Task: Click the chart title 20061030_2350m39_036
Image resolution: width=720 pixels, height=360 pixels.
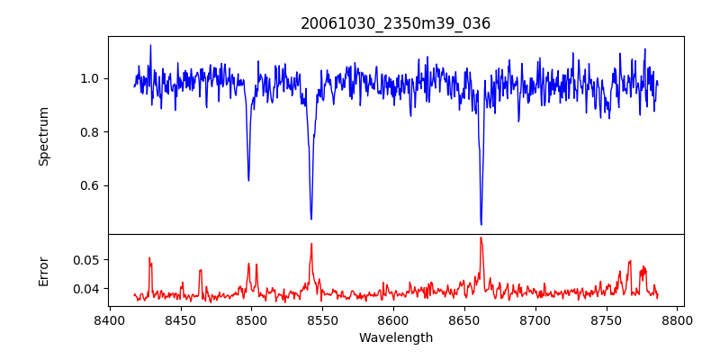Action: click(395, 23)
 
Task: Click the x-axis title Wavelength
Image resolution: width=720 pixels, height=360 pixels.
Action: click(395, 338)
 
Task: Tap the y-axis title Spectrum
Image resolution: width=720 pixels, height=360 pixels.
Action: click(43, 136)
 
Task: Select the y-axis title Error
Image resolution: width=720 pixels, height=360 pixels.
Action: click(43, 270)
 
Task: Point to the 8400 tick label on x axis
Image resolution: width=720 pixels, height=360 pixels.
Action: click(109, 320)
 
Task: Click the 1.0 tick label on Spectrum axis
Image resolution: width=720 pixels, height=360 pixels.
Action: click(87, 78)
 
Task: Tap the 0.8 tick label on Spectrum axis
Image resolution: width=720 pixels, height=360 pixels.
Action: click(87, 132)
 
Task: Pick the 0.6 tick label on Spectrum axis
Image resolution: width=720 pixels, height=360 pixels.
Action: click(87, 186)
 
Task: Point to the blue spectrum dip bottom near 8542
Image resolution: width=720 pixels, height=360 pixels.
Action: click(311, 219)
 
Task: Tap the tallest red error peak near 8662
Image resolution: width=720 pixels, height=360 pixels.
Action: click(481, 238)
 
